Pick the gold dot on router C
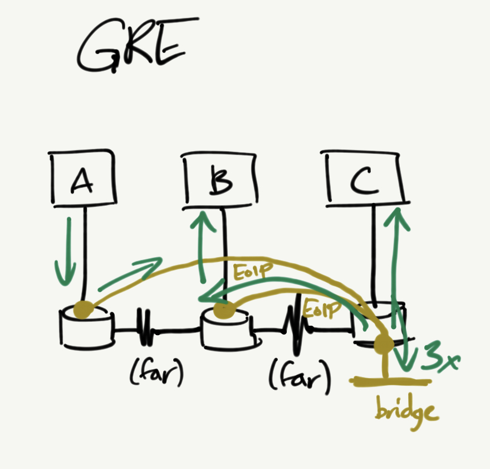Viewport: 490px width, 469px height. (x=384, y=344)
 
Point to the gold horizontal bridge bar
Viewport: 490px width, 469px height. (x=390, y=382)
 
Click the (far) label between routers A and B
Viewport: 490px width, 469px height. (x=156, y=377)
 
